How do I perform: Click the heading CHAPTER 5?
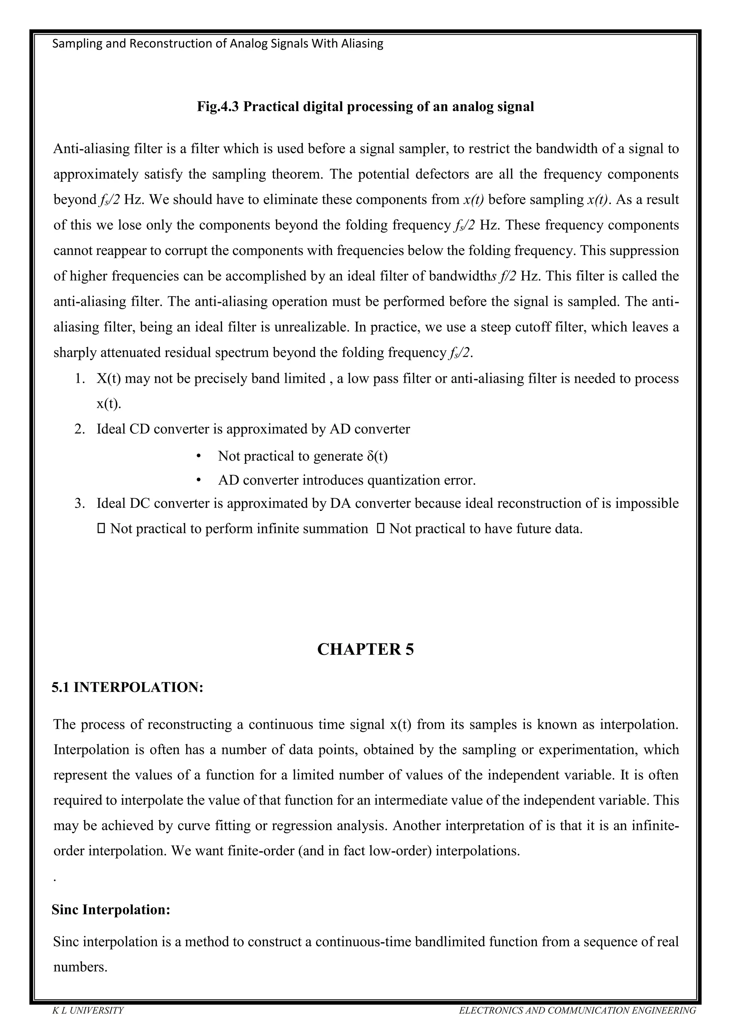(x=365, y=649)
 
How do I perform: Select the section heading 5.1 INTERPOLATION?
(x=127, y=688)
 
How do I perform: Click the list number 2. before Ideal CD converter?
(x=80, y=429)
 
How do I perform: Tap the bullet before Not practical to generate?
(x=198, y=456)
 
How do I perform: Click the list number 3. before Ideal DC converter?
(x=80, y=503)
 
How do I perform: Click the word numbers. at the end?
(x=80, y=967)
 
